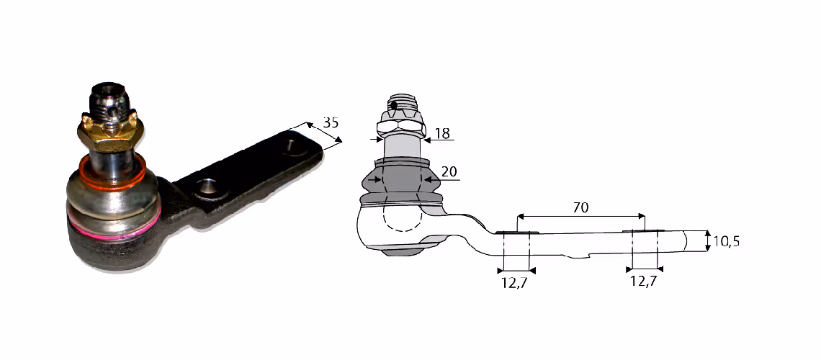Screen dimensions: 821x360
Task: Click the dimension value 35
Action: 331,122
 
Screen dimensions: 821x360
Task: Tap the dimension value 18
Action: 442,133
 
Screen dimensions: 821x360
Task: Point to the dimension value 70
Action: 580,207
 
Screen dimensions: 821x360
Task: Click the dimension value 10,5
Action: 726,241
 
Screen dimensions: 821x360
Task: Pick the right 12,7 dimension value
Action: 644,281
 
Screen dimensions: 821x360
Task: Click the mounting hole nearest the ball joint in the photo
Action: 208,186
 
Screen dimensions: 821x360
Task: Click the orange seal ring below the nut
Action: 112,175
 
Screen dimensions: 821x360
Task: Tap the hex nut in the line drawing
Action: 400,124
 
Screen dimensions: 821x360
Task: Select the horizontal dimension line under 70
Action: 580,215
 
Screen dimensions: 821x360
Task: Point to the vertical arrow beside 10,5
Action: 707,240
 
